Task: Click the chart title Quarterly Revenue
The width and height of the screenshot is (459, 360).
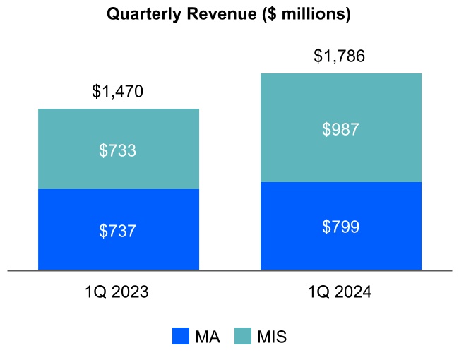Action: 228,15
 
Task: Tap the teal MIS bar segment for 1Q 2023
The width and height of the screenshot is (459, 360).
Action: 119,134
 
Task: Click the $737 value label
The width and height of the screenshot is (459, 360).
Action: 119,231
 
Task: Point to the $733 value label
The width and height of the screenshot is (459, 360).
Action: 119,150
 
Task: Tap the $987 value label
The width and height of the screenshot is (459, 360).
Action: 341,129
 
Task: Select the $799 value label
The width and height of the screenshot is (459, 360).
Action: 341,227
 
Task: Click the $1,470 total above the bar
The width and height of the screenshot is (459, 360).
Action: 118,91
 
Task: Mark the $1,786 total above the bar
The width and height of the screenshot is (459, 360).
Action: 340,56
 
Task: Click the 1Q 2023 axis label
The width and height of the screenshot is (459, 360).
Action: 118,292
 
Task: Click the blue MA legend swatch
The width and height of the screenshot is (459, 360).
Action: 181,337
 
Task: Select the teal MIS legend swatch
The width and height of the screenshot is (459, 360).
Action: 242,337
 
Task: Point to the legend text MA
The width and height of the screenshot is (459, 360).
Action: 208,337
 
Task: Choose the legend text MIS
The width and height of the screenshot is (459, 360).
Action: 272,337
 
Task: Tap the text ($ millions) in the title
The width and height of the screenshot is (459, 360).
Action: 305,15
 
